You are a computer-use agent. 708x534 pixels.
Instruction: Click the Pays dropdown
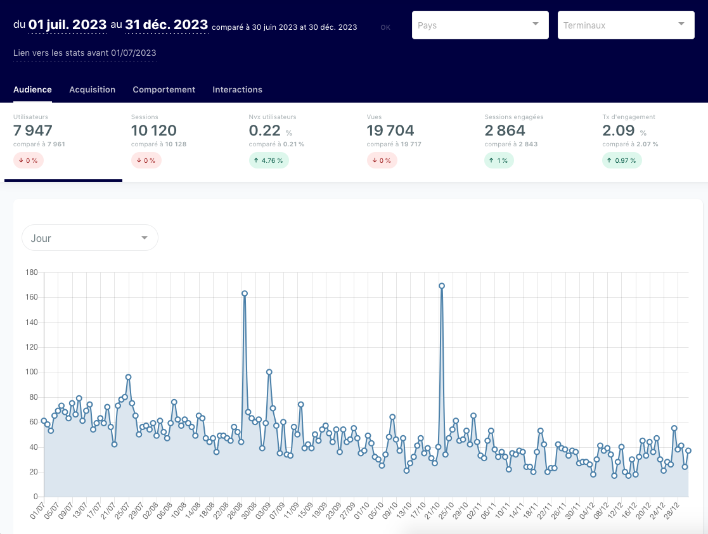(x=480, y=25)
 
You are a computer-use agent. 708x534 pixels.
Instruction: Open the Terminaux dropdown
(x=626, y=25)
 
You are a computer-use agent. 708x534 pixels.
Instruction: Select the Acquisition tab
(x=92, y=89)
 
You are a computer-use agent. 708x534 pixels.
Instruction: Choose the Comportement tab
(x=164, y=89)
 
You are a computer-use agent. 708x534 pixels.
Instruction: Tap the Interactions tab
(x=237, y=89)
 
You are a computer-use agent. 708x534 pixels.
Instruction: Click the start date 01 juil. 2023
(x=67, y=24)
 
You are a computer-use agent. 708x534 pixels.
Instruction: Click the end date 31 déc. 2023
(x=166, y=24)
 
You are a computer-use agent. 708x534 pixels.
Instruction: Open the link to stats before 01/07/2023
(x=85, y=53)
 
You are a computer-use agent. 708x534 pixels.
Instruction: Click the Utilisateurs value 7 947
(x=33, y=130)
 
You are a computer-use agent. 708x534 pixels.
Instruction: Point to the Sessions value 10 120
(x=154, y=130)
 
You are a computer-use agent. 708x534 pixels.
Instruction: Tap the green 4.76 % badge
(x=269, y=160)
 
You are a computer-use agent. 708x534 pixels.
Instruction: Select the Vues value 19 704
(x=390, y=130)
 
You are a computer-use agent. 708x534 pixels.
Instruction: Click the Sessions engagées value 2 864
(x=505, y=130)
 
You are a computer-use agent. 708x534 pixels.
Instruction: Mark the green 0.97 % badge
(x=622, y=160)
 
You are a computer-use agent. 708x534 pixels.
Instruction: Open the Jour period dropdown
(x=90, y=238)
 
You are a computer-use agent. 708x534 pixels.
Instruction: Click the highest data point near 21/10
(x=442, y=286)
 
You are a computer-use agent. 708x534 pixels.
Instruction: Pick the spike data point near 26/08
(x=245, y=293)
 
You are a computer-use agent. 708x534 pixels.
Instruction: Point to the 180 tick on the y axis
(x=32, y=272)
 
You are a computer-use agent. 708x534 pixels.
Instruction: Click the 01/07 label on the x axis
(x=37, y=509)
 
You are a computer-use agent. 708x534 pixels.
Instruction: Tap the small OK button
(x=385, y=27)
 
